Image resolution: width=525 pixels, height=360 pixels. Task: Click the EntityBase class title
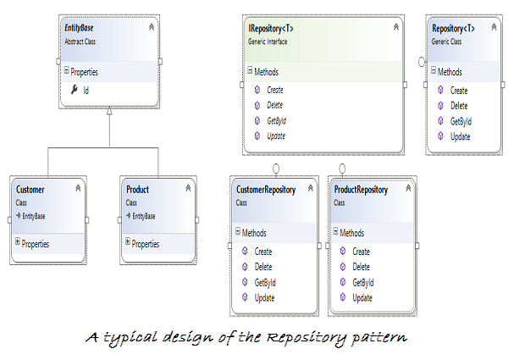point(79,28)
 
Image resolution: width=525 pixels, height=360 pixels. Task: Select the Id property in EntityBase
point(86,91)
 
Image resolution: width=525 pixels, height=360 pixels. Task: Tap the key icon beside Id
point(75,90)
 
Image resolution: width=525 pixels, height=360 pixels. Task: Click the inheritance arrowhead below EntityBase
point(109,111)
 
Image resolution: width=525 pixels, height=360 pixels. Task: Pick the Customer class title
point(30,190)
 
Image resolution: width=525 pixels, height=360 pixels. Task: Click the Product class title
point(138,190)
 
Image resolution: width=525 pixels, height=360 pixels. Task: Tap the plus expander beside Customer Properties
point(18,241)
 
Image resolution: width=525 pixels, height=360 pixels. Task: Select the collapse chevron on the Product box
point(188,188)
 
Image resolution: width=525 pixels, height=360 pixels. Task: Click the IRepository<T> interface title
point(271,29)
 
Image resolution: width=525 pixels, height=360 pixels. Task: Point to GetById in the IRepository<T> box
point(277,121)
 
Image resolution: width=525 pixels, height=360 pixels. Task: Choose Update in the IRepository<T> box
point(276,136)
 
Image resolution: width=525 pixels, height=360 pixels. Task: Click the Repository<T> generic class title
point(453,29)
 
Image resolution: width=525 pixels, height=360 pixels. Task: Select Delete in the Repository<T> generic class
point(459,106)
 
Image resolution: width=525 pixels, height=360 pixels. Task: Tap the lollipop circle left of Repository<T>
point(422,62)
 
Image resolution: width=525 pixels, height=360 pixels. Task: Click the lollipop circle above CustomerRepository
point(276,169)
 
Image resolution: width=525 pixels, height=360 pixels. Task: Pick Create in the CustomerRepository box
point(263,252)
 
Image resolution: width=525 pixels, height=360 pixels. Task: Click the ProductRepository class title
point(361,190)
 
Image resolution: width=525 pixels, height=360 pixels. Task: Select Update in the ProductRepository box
point(362,297)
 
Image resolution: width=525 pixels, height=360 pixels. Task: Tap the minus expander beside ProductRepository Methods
point(336,231)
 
